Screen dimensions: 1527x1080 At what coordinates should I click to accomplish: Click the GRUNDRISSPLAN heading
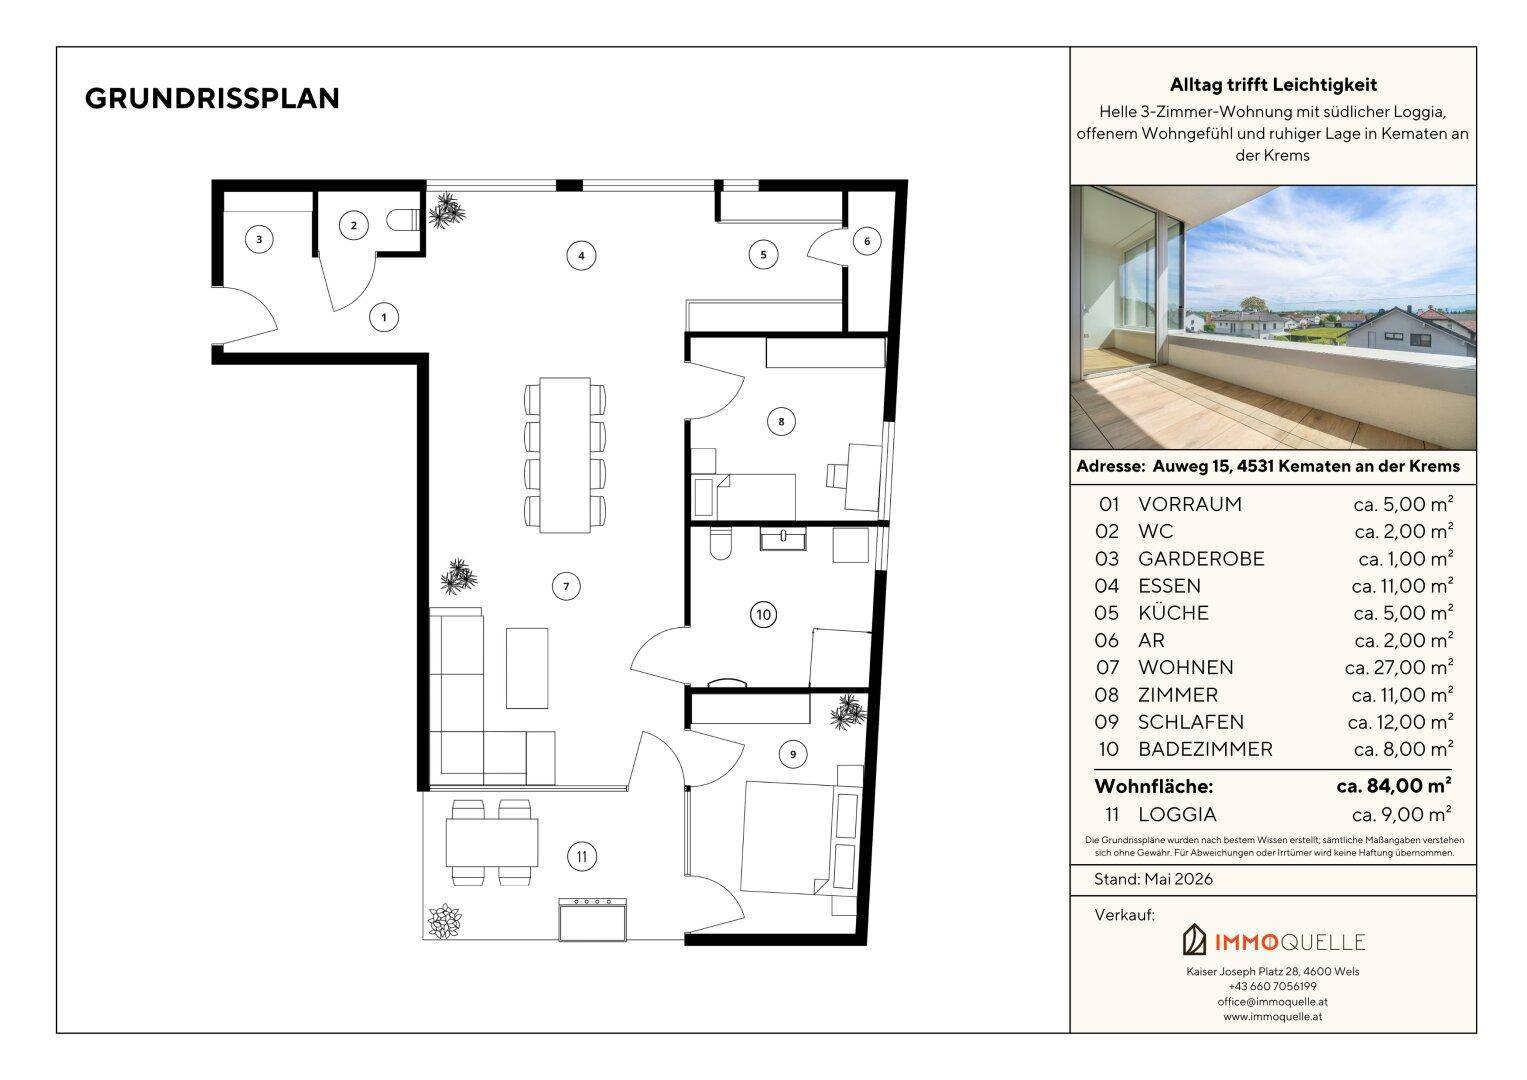coord(212,99)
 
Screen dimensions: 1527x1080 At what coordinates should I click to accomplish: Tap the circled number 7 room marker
coord(566,586)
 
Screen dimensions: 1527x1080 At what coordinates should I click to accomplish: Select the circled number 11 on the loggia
coord(581,856)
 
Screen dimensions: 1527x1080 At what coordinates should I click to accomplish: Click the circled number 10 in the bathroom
coord(764,614)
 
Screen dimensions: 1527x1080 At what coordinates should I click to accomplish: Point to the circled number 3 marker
coord(259,239)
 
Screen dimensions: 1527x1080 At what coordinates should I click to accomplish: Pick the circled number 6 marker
coord(867,241)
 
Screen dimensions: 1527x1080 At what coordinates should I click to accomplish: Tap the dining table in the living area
coord(565,455)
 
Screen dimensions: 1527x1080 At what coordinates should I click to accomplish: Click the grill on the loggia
coord(592,919)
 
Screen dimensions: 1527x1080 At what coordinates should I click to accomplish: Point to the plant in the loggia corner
coord(444,921)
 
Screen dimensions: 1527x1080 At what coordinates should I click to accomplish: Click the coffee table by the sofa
coord(527,668)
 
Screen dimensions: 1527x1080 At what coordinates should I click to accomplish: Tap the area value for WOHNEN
coord(1399,668)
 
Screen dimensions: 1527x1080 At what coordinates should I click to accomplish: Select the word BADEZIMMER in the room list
coord(1205,749)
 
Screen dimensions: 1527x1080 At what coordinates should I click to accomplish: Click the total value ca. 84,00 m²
coord(1394,786)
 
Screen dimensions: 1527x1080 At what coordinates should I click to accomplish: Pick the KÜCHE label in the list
coord(1173,612)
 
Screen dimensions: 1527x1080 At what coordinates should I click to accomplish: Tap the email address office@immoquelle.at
coord(1272,1002)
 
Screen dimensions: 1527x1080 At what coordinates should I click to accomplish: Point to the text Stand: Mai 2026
coord(1153,880)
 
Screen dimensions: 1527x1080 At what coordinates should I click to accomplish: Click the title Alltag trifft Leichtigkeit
coord(1273,85)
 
